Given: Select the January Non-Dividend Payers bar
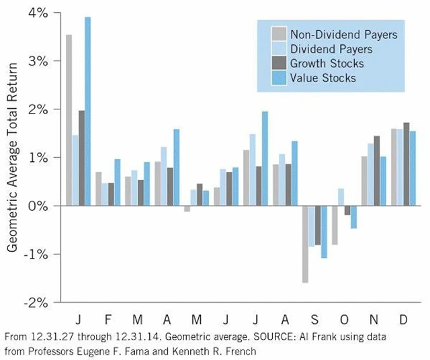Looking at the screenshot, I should (x=69, y=120).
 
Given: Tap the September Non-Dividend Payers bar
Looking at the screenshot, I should (x=305, y=244).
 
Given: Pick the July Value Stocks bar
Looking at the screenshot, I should (x=265, y=159).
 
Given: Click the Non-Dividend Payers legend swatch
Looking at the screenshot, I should (x=278, y=34).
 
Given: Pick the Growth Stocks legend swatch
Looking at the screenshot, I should (x=278, y=64).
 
